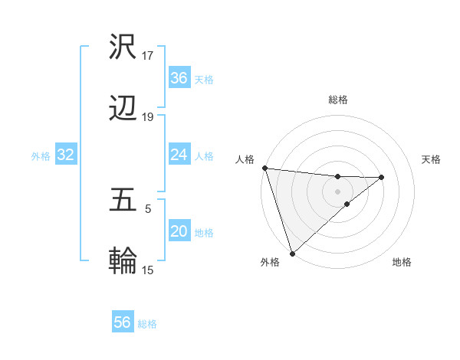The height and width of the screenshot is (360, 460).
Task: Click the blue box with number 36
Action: click(x=179, y=78)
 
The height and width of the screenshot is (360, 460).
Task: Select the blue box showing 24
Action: click(x=179, y=155)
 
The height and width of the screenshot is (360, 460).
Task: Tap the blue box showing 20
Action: click(x=179, y=231)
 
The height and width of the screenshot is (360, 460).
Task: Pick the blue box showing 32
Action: click(x=65, y=155)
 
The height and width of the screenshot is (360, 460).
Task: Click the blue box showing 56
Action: click(x=123, y=322)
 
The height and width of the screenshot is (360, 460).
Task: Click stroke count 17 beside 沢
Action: click(x=148, y=56)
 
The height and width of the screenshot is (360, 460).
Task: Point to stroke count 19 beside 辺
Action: click(x=148, y=117)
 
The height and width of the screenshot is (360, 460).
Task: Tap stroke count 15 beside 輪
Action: click(x=148, y=270)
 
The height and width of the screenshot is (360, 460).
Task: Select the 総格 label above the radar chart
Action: click(x=338, y=100)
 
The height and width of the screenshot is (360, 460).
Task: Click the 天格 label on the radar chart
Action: click(x=431, y=159)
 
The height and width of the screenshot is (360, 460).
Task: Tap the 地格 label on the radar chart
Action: click(x=402, y=263)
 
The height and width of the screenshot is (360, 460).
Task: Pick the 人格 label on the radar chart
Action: click(x=245, y=159)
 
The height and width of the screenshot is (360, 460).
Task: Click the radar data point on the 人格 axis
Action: click(x=264, y=168)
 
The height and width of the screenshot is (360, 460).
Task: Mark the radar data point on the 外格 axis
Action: click(x=292, y=253)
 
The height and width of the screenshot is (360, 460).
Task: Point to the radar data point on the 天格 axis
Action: click(x=382, y=177)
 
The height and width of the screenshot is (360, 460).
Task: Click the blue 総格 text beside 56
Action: click(x=147, y=323)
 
